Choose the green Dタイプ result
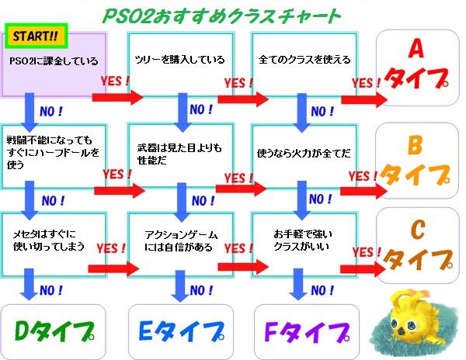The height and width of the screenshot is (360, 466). [x=51, y=329]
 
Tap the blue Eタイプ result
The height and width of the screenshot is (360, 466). [x=179, y=329]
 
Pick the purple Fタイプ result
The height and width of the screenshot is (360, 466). [x=306, y=329]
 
